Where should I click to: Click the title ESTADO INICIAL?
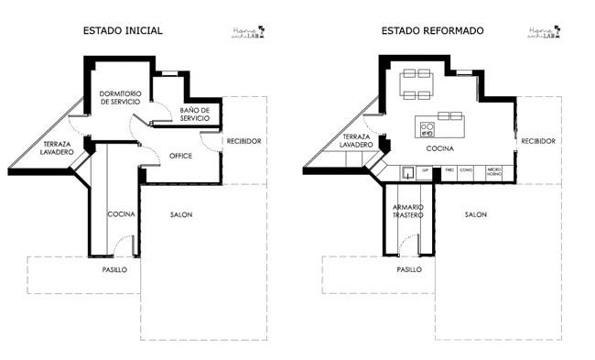(x=123, y=30)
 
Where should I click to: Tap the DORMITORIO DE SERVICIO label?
(x=121, y=99)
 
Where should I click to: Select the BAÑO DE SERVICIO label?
(x=194, y=115)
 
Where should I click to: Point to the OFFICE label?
(x=180, y=157)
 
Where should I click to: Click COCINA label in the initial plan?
(x=122, y=214)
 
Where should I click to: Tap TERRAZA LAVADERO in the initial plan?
(x=57, y=147)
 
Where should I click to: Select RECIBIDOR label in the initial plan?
(x=244, y=141)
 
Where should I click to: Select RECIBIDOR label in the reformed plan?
(x=538, y=141)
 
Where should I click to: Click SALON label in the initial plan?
(x=182, y=214)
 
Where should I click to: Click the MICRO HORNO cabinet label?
(x=493, y=170)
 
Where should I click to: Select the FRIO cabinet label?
(x=449, y=170)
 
